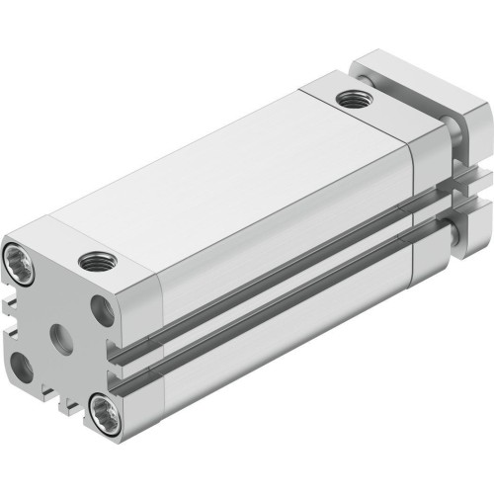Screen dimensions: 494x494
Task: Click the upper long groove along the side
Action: [277, 287]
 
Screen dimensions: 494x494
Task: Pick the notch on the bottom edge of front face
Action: [59, 400]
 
